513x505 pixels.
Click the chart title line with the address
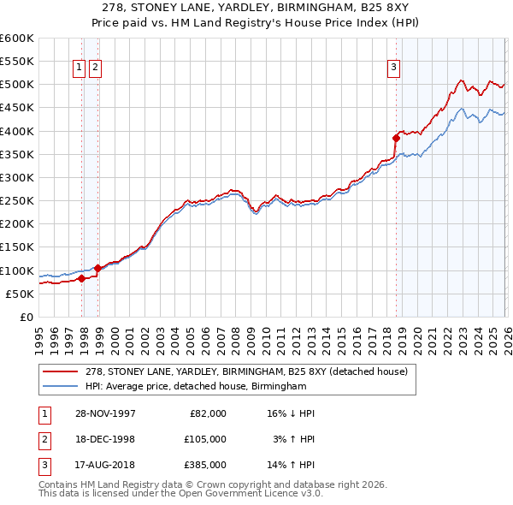256,8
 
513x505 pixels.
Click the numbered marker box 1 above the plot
79,68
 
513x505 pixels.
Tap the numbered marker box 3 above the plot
393,68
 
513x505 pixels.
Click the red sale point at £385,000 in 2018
396,138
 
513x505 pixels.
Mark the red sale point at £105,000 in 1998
97,268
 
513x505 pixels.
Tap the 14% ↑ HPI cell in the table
291,465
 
